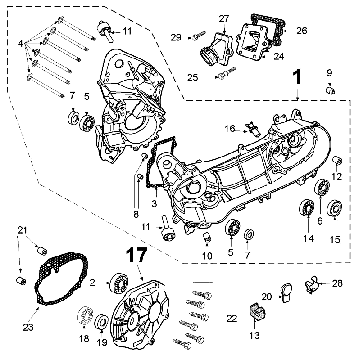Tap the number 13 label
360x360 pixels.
click(x=250, y=336)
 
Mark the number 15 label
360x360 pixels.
click(x=335, y=240)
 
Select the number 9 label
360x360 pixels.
click(x=330, y=71)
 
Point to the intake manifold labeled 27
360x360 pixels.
click(x=219, y=48)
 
